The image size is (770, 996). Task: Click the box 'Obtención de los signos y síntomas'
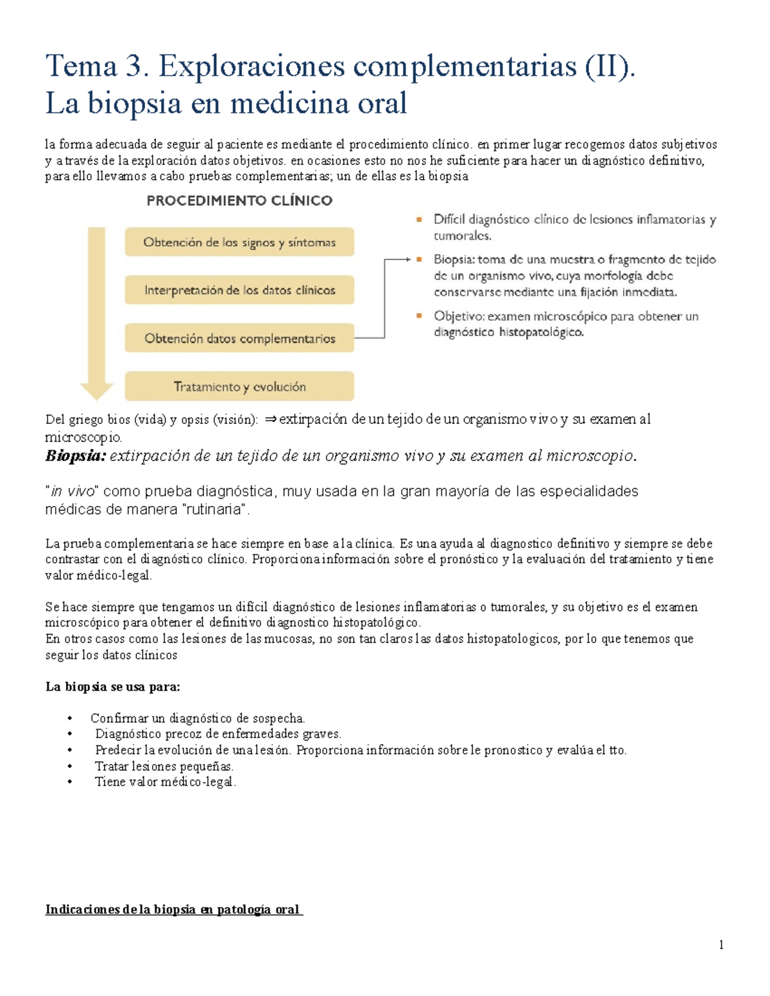click(x=239, y=242)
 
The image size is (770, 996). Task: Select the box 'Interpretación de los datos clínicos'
click(x=239, y=290)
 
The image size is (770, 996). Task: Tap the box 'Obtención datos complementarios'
click(x=239, y=338)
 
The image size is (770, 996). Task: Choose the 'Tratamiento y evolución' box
click(x=239, y=387)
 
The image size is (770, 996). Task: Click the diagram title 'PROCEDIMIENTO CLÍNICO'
click(x=239, y=201)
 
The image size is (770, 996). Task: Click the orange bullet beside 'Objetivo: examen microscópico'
click(x=420, y=316)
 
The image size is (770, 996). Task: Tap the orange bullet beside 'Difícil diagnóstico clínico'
click(x=420, y=219)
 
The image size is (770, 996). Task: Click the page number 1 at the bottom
click(x=721, y=944)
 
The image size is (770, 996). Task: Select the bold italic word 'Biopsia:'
click(x=75, y=456)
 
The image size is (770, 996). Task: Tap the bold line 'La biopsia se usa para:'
click(x=113, y=687)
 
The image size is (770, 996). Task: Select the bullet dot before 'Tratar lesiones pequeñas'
click(x=70, y=766)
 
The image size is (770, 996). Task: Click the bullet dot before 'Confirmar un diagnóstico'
click(x=70, y=718)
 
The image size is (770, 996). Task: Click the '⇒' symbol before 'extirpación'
click(x=270, y=419)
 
